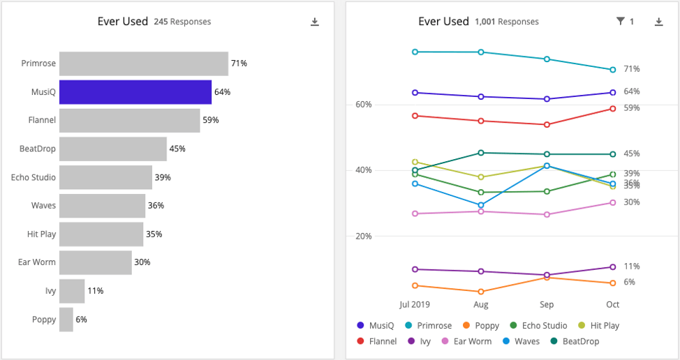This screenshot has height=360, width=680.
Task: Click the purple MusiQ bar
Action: point(135,92)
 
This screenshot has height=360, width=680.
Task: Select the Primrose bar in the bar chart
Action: point(143,63)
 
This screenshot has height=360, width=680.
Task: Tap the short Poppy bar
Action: point(66,320)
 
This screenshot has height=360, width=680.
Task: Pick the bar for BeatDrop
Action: point(112,149)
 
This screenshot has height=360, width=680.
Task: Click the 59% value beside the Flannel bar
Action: point(211,121)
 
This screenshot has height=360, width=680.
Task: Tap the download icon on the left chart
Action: point(315,22)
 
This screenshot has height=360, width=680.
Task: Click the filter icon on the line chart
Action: point(620,22)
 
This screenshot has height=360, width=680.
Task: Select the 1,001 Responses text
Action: point(506,22)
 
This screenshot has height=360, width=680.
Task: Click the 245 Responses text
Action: point(182,22)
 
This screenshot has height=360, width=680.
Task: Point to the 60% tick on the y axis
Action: point(363,105)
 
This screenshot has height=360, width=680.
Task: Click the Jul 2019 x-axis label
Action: point(415,305)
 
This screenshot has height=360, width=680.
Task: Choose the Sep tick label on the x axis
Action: point(547,305)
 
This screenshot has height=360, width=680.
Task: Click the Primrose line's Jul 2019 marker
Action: point(415,52)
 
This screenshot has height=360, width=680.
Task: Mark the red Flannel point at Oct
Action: point(612,109)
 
